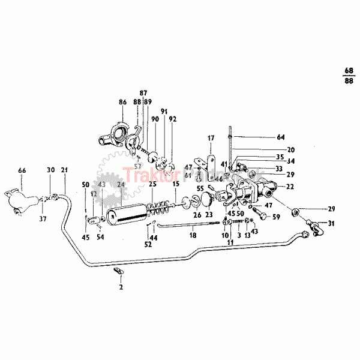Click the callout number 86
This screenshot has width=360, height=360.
[x=122, y=103]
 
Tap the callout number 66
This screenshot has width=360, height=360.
[x=22, y=170]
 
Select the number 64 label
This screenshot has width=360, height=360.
[x=281, y=137]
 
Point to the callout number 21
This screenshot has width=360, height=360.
[x=64, y=170]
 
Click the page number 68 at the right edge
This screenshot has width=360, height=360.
[x=349, y=70]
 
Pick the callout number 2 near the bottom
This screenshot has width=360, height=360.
[x=121, y=288]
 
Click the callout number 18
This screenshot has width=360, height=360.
[x=193, y=236]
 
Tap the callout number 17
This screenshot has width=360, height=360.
[x=211, y=138]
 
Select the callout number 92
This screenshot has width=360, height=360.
[x=173, y=119]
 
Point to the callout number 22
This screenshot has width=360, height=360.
[x=289, y=187]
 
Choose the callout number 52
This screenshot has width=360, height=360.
[x=148, y=245]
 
